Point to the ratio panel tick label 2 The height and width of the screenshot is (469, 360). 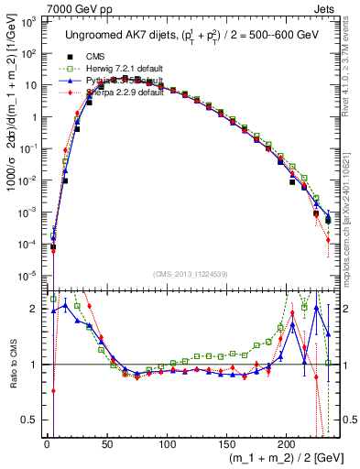pyautogui.click(x=34, y=309)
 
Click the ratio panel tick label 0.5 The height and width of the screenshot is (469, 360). pyautogui.click(x=30, y=420)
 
